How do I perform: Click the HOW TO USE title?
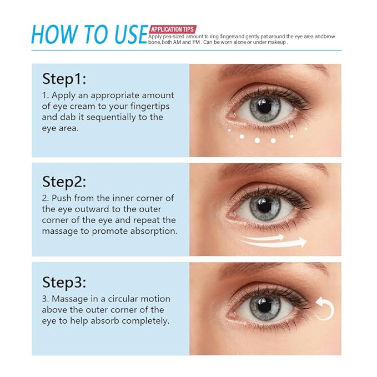click(x=89, y=34)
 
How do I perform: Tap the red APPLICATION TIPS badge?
click(x=172, y=29)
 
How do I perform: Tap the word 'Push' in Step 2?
click(x=62, y=198)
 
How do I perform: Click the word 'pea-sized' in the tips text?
click(x=167, y=37)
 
